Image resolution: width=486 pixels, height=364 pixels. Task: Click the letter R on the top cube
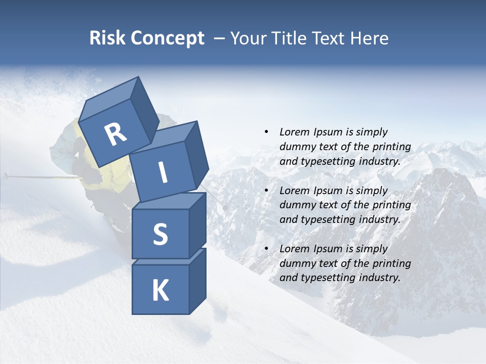click(115, 135)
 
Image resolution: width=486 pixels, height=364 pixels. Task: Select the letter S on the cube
click(160, 234)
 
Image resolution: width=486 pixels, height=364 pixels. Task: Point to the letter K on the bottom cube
click(160, 290)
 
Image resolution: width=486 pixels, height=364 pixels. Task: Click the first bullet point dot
click(266, 132)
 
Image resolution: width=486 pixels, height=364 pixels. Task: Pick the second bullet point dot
click(266, 191)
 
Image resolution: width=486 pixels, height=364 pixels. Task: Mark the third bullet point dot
click(266, 249)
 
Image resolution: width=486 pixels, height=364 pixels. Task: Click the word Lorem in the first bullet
click(294, 132)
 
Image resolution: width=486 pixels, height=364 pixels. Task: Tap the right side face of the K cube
click(197, 281)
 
